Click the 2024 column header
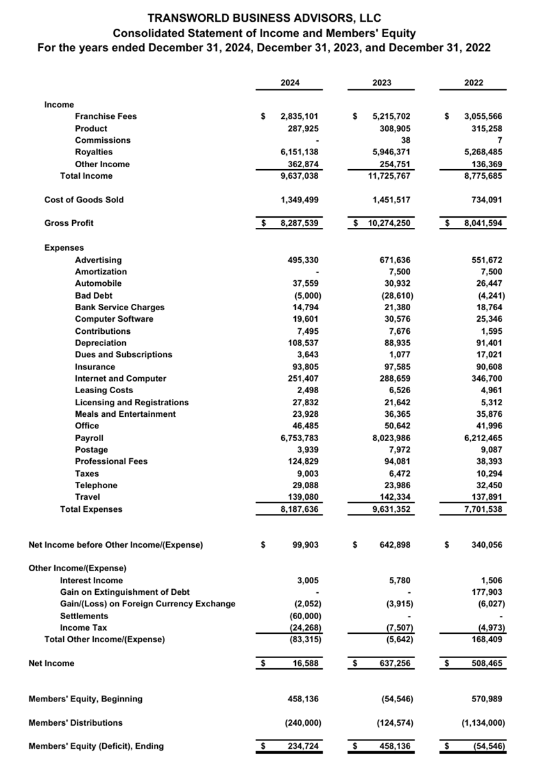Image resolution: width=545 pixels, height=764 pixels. click(291, 82)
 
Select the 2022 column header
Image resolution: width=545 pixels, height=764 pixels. click(474, 82)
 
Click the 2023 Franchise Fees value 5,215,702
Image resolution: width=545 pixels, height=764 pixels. click(391, 116)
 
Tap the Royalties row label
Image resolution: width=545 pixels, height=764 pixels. click(93, 152)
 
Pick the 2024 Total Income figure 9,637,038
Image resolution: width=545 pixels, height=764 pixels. click(300, 176)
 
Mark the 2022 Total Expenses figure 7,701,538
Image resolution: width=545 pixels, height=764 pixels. click(483, 509)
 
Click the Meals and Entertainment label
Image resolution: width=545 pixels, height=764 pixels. click(125, 414)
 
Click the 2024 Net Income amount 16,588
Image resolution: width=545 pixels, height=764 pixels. click(306, 664)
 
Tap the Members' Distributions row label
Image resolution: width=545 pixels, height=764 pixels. click(75, 723)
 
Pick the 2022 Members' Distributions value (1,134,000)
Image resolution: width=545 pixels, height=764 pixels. click(483, 723)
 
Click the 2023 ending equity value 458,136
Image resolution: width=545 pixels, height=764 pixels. click(396, 746)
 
